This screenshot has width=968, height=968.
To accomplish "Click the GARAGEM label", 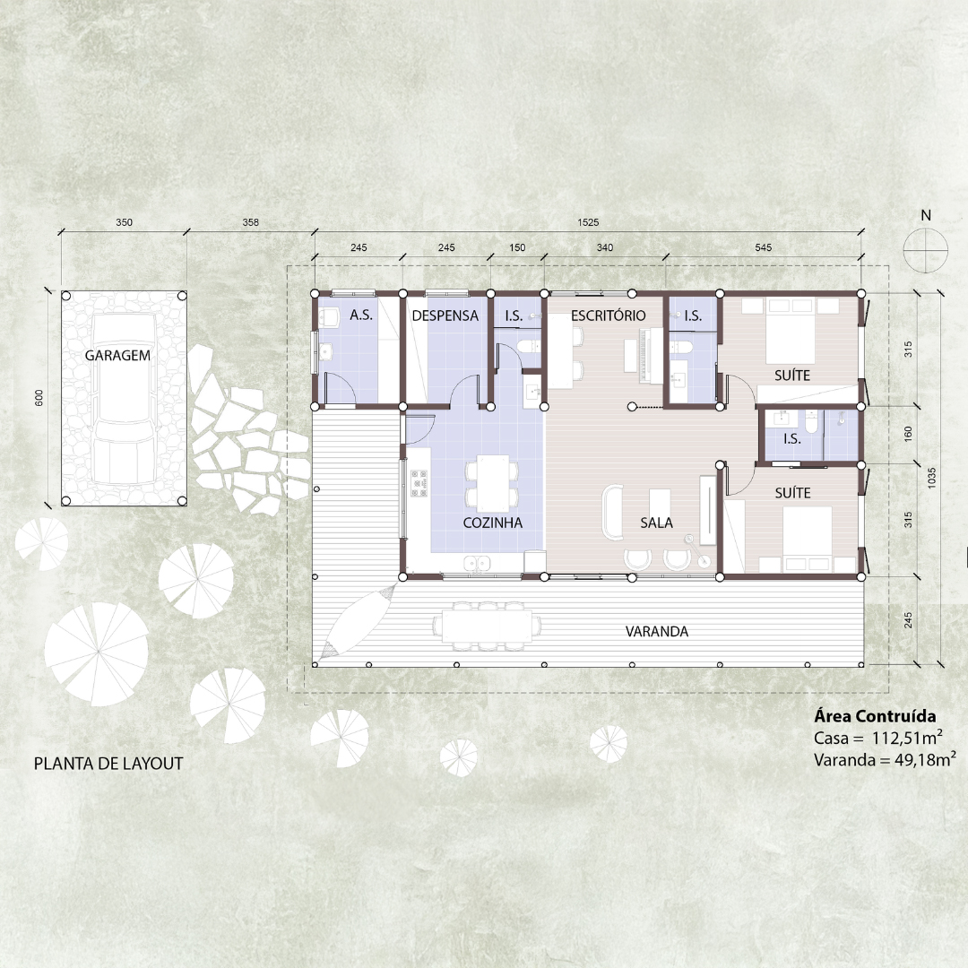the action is [117, 356].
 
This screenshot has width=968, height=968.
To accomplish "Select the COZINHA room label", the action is [493, 523].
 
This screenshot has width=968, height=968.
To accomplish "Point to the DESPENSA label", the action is [445, 315].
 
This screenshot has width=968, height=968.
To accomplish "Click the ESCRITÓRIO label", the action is [608, 315].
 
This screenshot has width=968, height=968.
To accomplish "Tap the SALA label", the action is [656, 523].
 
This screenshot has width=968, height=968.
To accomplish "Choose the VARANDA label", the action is [657, 632].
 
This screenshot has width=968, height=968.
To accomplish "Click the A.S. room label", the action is [361, 315].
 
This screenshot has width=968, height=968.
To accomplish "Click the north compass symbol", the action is [925, 250].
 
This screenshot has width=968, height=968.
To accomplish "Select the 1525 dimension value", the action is [588, 222].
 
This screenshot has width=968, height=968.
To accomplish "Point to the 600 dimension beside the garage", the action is [39, 399].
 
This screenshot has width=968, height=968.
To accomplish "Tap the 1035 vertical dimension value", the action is [931, 479].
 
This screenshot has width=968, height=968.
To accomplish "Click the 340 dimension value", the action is [605, 247].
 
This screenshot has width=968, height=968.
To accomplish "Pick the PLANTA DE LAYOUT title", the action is [108, 764].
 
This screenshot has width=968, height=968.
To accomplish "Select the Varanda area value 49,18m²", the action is [925, 759].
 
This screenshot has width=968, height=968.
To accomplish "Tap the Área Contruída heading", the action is [875, 716].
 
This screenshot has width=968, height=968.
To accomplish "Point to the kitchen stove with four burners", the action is [419, 483].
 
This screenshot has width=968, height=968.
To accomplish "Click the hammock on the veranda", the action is [358, 620].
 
